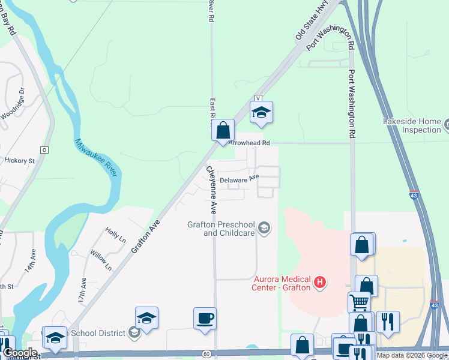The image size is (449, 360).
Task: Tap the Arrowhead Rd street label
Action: coord(252,143)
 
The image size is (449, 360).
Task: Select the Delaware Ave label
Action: coord(239,179)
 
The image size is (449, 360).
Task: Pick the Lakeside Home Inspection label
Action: coord(412,125)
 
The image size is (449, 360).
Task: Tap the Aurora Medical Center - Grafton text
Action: coord(282,283)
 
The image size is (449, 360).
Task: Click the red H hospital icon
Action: coord(321,281)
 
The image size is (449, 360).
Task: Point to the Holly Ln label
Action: coord(115,235)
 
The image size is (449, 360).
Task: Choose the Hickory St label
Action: coord(20,161)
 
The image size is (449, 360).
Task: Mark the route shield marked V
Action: coord(259,98)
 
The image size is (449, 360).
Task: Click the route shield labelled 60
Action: coord(206,355)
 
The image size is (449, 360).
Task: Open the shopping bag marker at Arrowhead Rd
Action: coord(223,130)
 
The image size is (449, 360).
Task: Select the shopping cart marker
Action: coord(359,302)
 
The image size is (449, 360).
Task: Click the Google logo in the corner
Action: coord(20,353)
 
